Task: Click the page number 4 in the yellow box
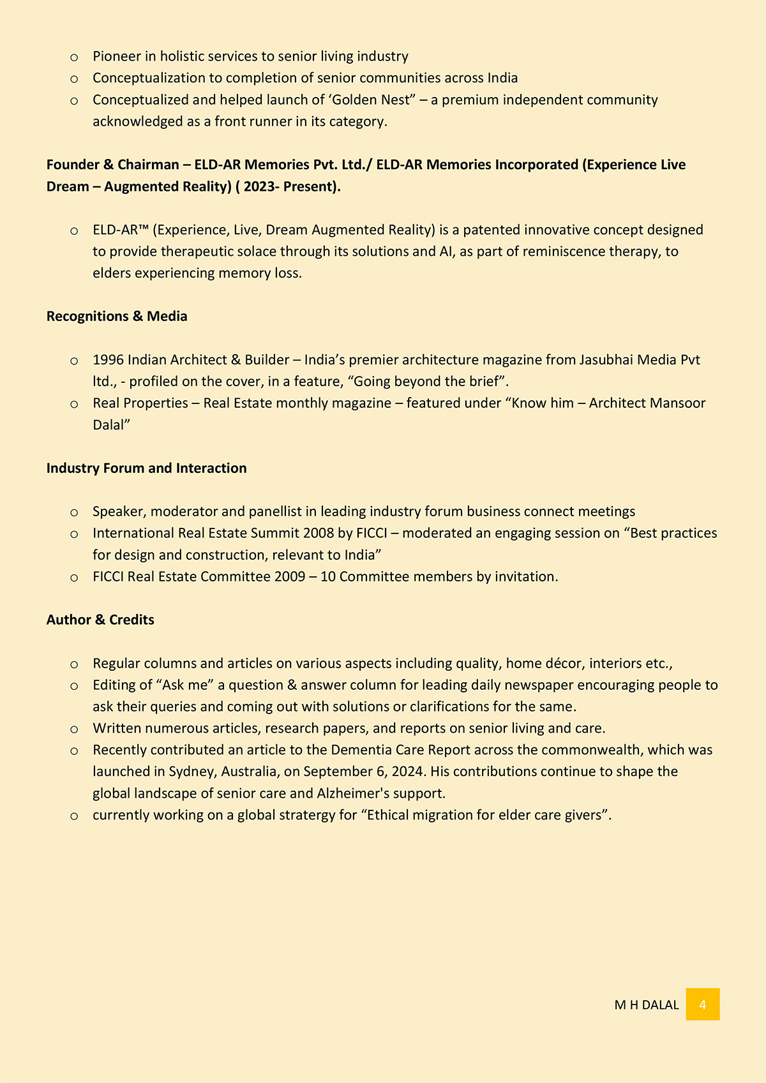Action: tap(702, 1005)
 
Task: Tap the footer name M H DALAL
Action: tap(646, 1005)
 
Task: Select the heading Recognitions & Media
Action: tap(117, 317)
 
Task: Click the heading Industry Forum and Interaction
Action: tap(146, 468)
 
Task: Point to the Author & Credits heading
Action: tap(100, 620)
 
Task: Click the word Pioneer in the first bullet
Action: tap(116, 56)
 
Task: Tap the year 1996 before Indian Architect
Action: tap(108, 360)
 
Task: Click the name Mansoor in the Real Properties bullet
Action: tap(677, 403)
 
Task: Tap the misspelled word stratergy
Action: tap(310, 815)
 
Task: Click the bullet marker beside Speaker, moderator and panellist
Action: tap(74, 512)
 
